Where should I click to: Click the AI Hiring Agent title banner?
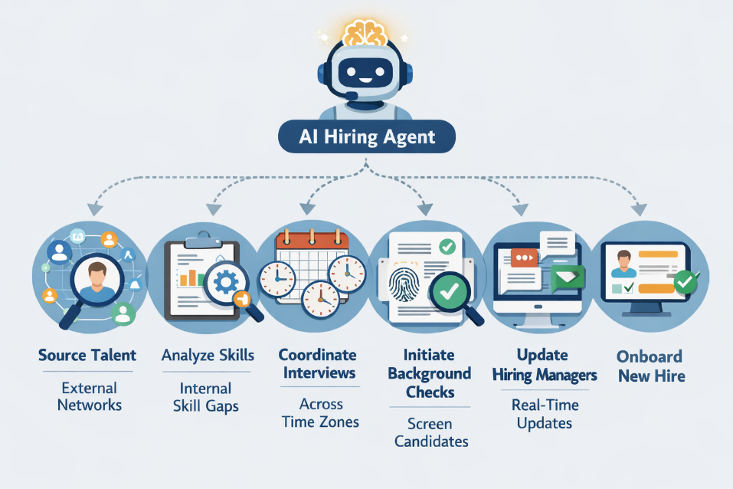[x=367, y=138]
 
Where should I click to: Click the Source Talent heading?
[x=87, y=355]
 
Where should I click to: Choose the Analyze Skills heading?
[x=208, y=355]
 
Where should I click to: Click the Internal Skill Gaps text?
[x=208, y=396]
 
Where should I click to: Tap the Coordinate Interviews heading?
[x=317, y=364]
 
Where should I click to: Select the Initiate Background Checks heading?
[x=429, y=373]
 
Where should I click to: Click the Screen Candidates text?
[x=429, y=432]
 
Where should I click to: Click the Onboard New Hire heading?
[x=650, y=366]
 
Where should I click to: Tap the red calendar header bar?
[x=313, y=240]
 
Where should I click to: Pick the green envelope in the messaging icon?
[x=568, y=277]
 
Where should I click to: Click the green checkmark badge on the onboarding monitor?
[x=684, y=284]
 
